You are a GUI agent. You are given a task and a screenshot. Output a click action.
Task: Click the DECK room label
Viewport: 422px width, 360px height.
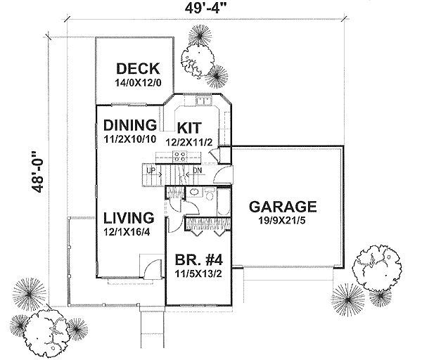pyautogui.click(x=139, y=69)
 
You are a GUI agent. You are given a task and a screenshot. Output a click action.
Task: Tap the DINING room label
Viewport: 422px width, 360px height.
pyautogui.click(x=129, y=125)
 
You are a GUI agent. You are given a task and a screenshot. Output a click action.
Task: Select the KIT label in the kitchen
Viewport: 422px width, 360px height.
pyautogui.click(x=190, y=128)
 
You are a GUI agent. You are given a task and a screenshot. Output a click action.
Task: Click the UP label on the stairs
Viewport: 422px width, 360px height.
pyautogui.click(x=150, y=171)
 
